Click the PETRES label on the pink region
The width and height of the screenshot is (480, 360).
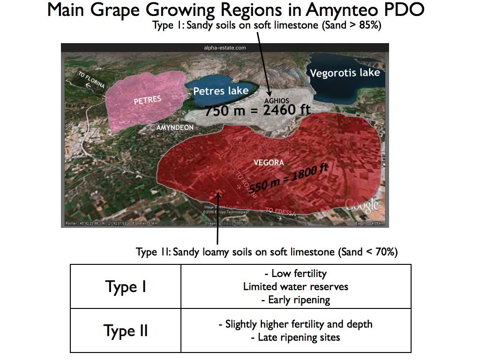tap(147, 100)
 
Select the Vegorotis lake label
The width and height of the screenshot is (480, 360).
tap(345, 73)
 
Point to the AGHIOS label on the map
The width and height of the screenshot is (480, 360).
tap(277, 101)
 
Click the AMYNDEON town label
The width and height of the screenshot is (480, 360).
tap(175, 127)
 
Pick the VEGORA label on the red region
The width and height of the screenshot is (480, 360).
tap(269, 163)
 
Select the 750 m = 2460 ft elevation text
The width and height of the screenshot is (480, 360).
tap(257, 111)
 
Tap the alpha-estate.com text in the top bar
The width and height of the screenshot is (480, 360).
tap(225, 48)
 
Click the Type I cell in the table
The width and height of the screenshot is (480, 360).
tap(126, 286)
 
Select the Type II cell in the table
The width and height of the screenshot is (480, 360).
tap(126, 330)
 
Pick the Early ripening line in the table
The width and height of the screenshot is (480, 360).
tap(295, 300)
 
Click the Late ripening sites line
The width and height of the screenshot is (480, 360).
tap(295, 337)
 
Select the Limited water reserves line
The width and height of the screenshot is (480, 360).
tap(295, 286)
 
